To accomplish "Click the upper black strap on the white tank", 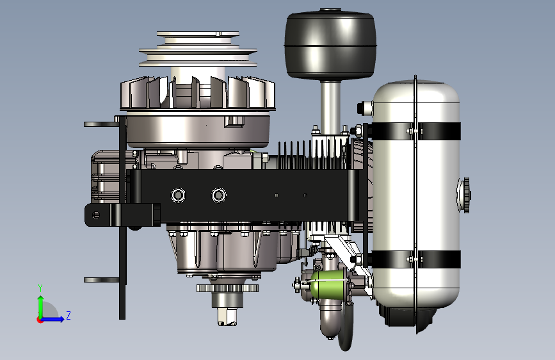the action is [416, 131].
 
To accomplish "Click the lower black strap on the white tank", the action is [416, 259].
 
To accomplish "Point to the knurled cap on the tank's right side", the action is [466, 195].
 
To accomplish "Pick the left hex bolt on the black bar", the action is [178, 195].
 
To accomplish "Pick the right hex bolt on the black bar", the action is [219, 195].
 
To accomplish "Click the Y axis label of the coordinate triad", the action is [40, 289].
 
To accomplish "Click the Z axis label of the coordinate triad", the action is [68, 315].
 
